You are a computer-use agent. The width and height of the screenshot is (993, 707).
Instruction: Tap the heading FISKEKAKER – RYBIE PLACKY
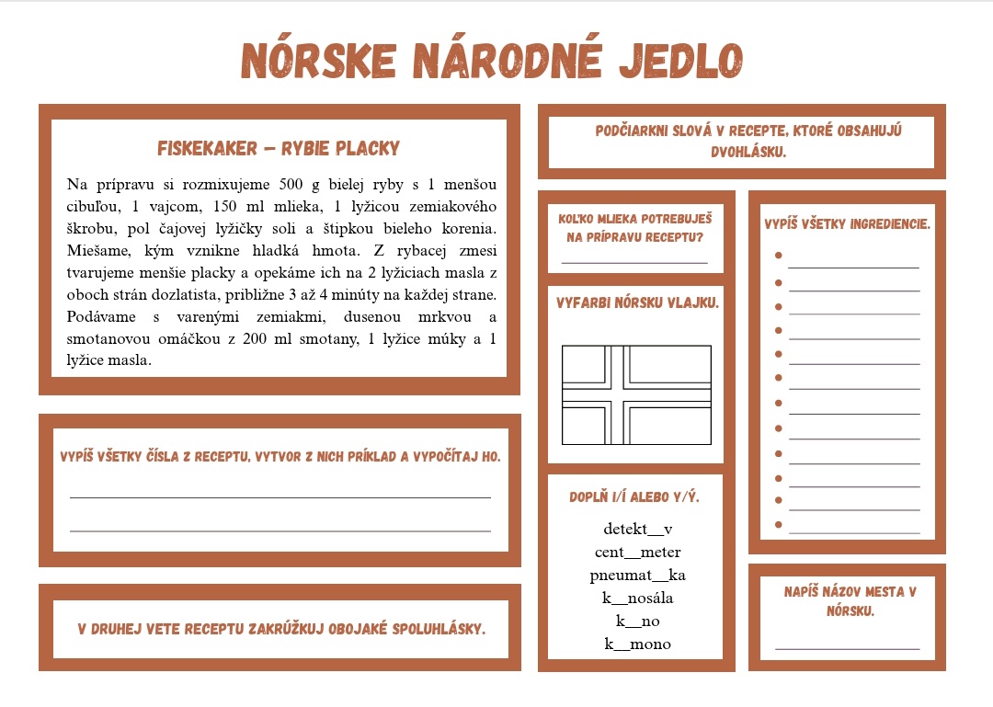point(279,148)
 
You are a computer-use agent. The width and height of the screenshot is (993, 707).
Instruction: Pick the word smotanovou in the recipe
point(107,338)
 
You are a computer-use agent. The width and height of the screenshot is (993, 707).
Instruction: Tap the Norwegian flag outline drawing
point(636,394)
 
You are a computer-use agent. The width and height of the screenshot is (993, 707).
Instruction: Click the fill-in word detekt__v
point(638,529)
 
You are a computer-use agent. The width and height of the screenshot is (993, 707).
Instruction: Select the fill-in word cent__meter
point(638,552)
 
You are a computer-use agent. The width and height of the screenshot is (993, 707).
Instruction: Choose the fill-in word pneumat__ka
point(638,575)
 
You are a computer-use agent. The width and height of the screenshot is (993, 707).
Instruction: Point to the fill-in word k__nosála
point(638,598)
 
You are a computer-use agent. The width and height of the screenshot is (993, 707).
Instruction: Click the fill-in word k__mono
point(638,644)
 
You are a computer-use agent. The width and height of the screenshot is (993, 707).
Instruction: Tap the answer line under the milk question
point(634,262)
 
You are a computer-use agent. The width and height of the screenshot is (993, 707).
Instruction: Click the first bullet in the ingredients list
point(778,255)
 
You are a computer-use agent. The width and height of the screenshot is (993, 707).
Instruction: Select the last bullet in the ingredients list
point(778,524)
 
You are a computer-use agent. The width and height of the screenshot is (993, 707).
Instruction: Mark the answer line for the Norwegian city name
point(847,648)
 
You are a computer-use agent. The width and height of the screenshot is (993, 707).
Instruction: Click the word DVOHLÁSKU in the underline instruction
point(748,151)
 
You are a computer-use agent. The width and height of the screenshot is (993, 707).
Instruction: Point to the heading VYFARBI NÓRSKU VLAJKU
point(637,302)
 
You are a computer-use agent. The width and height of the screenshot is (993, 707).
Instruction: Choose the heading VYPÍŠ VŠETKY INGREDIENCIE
point(847,224)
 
